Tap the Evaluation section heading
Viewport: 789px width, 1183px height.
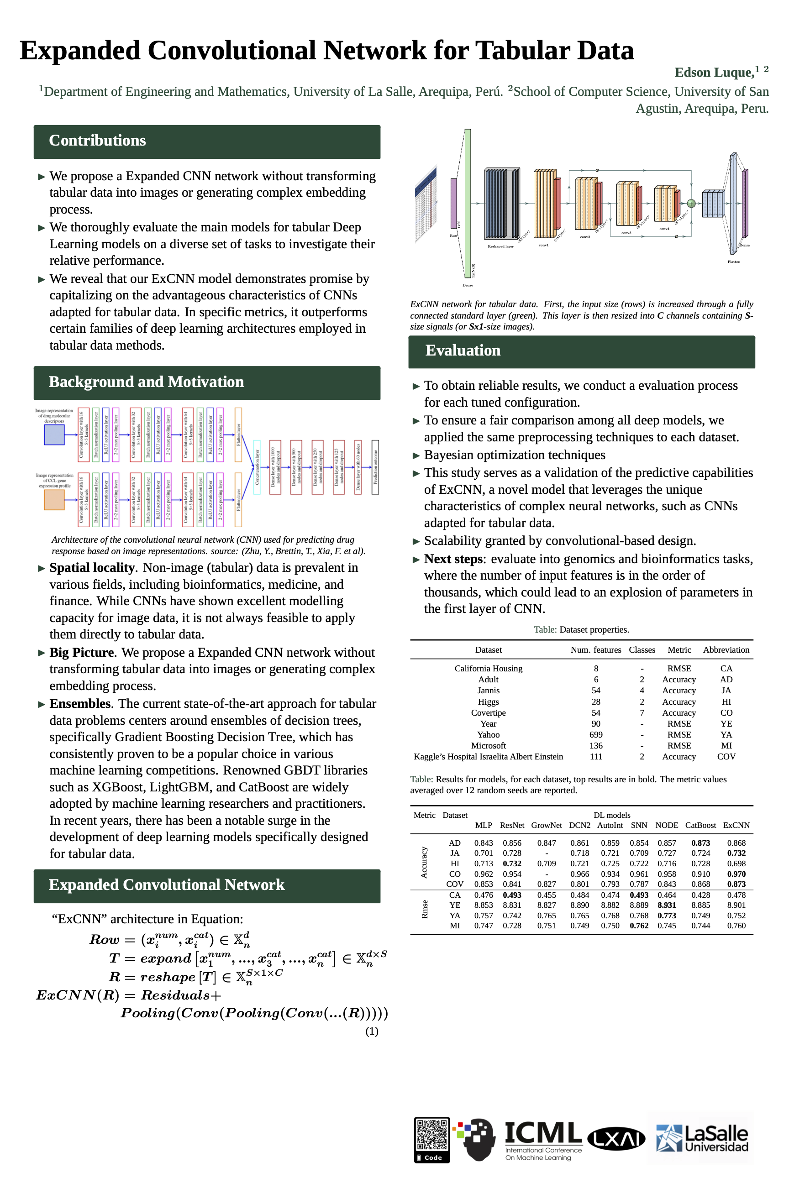click(463, 350)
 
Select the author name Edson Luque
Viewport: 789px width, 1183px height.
click(714, 73)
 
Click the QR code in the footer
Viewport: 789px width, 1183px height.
click(432, 1140)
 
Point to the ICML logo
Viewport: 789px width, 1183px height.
click(543, 1139)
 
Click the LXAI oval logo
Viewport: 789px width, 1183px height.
click(616, 1138)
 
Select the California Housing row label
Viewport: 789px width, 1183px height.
click(488, 669)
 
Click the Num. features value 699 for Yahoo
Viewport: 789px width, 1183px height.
click(596, 734)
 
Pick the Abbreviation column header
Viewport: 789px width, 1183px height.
click(726, 650)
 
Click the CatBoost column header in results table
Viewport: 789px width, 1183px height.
click(700, 825)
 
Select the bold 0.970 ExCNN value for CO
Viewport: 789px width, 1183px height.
click(736, 874)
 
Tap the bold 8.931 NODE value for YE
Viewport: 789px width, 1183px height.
click(667, 905)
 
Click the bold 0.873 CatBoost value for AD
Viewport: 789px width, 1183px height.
click(700, 843)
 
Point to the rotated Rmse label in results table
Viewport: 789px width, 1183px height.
click(424, 909)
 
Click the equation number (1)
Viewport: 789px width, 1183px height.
click(372, 1031)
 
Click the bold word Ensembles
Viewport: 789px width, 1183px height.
click(79, 704)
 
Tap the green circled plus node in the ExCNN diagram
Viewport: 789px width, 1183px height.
click(691, 204)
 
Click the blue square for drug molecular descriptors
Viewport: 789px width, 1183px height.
click(54, 434)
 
